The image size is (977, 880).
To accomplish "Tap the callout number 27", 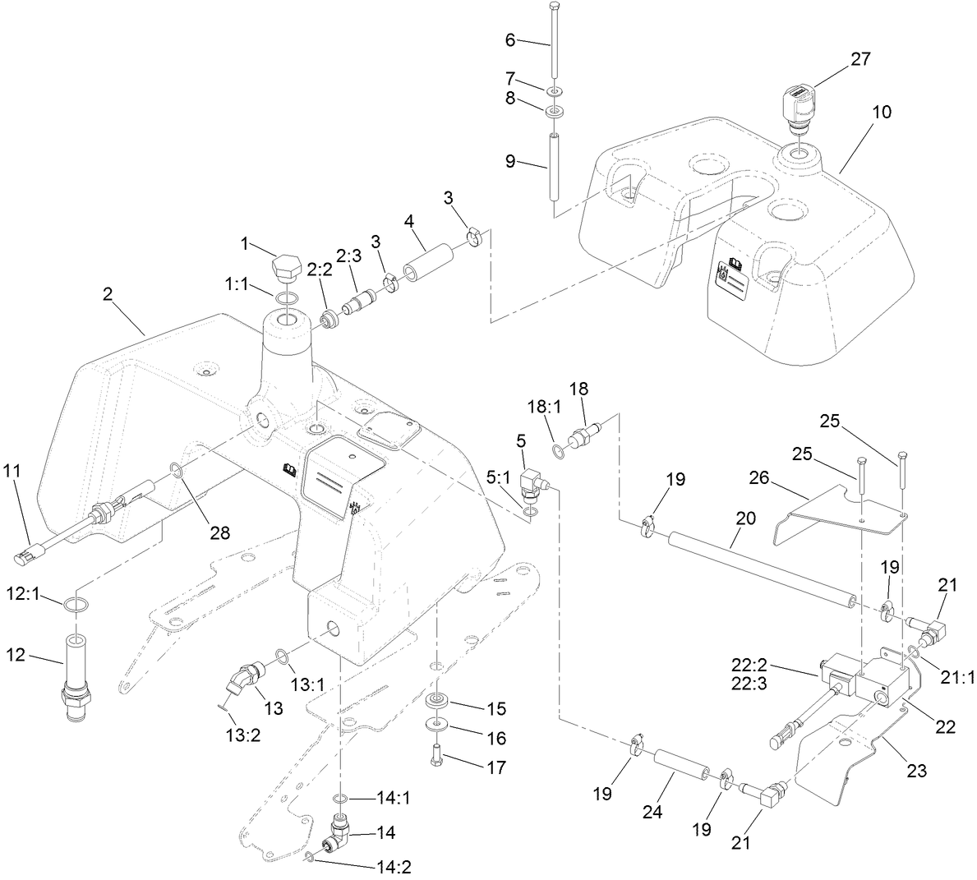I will tap(861, 58).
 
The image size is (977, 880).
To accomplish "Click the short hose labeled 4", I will tap(428, 260).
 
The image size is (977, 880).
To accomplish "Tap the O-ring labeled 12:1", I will tap(75, 606).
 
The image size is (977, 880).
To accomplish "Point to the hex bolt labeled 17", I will tap(437, 754).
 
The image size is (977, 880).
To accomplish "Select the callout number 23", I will tap(916, 771).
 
